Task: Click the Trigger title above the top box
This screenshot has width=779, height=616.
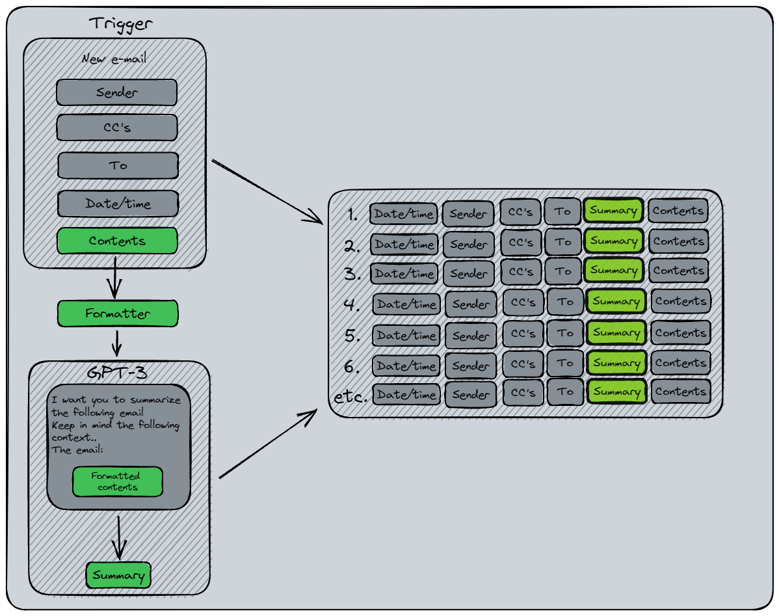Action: point(120,24)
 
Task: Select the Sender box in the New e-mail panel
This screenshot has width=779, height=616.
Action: point(116,92)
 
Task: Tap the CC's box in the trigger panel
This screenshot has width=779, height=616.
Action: point(117,127)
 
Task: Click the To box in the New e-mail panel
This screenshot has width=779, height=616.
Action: point(118,165)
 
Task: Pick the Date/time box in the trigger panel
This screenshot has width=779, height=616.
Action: point(118,204)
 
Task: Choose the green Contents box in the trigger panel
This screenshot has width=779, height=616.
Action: point(117,241)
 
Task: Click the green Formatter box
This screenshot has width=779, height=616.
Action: point(117,314)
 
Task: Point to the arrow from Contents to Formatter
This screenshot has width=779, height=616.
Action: point(115,276)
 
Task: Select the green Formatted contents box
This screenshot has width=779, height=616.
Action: point(117,481)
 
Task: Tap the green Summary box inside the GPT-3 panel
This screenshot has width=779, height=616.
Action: point(118,576)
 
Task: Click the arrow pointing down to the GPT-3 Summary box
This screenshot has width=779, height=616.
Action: point(118,539)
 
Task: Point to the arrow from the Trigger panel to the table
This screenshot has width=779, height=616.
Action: point(268,191)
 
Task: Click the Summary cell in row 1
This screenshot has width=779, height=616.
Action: point(613,211)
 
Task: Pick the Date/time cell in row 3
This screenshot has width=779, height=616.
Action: point(403,274)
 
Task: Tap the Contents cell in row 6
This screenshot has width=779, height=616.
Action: point(680,363)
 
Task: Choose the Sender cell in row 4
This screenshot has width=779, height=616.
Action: point(471,304)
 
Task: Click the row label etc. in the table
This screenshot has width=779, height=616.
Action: point(350,396)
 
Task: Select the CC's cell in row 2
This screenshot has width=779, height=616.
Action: point(521,243)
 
